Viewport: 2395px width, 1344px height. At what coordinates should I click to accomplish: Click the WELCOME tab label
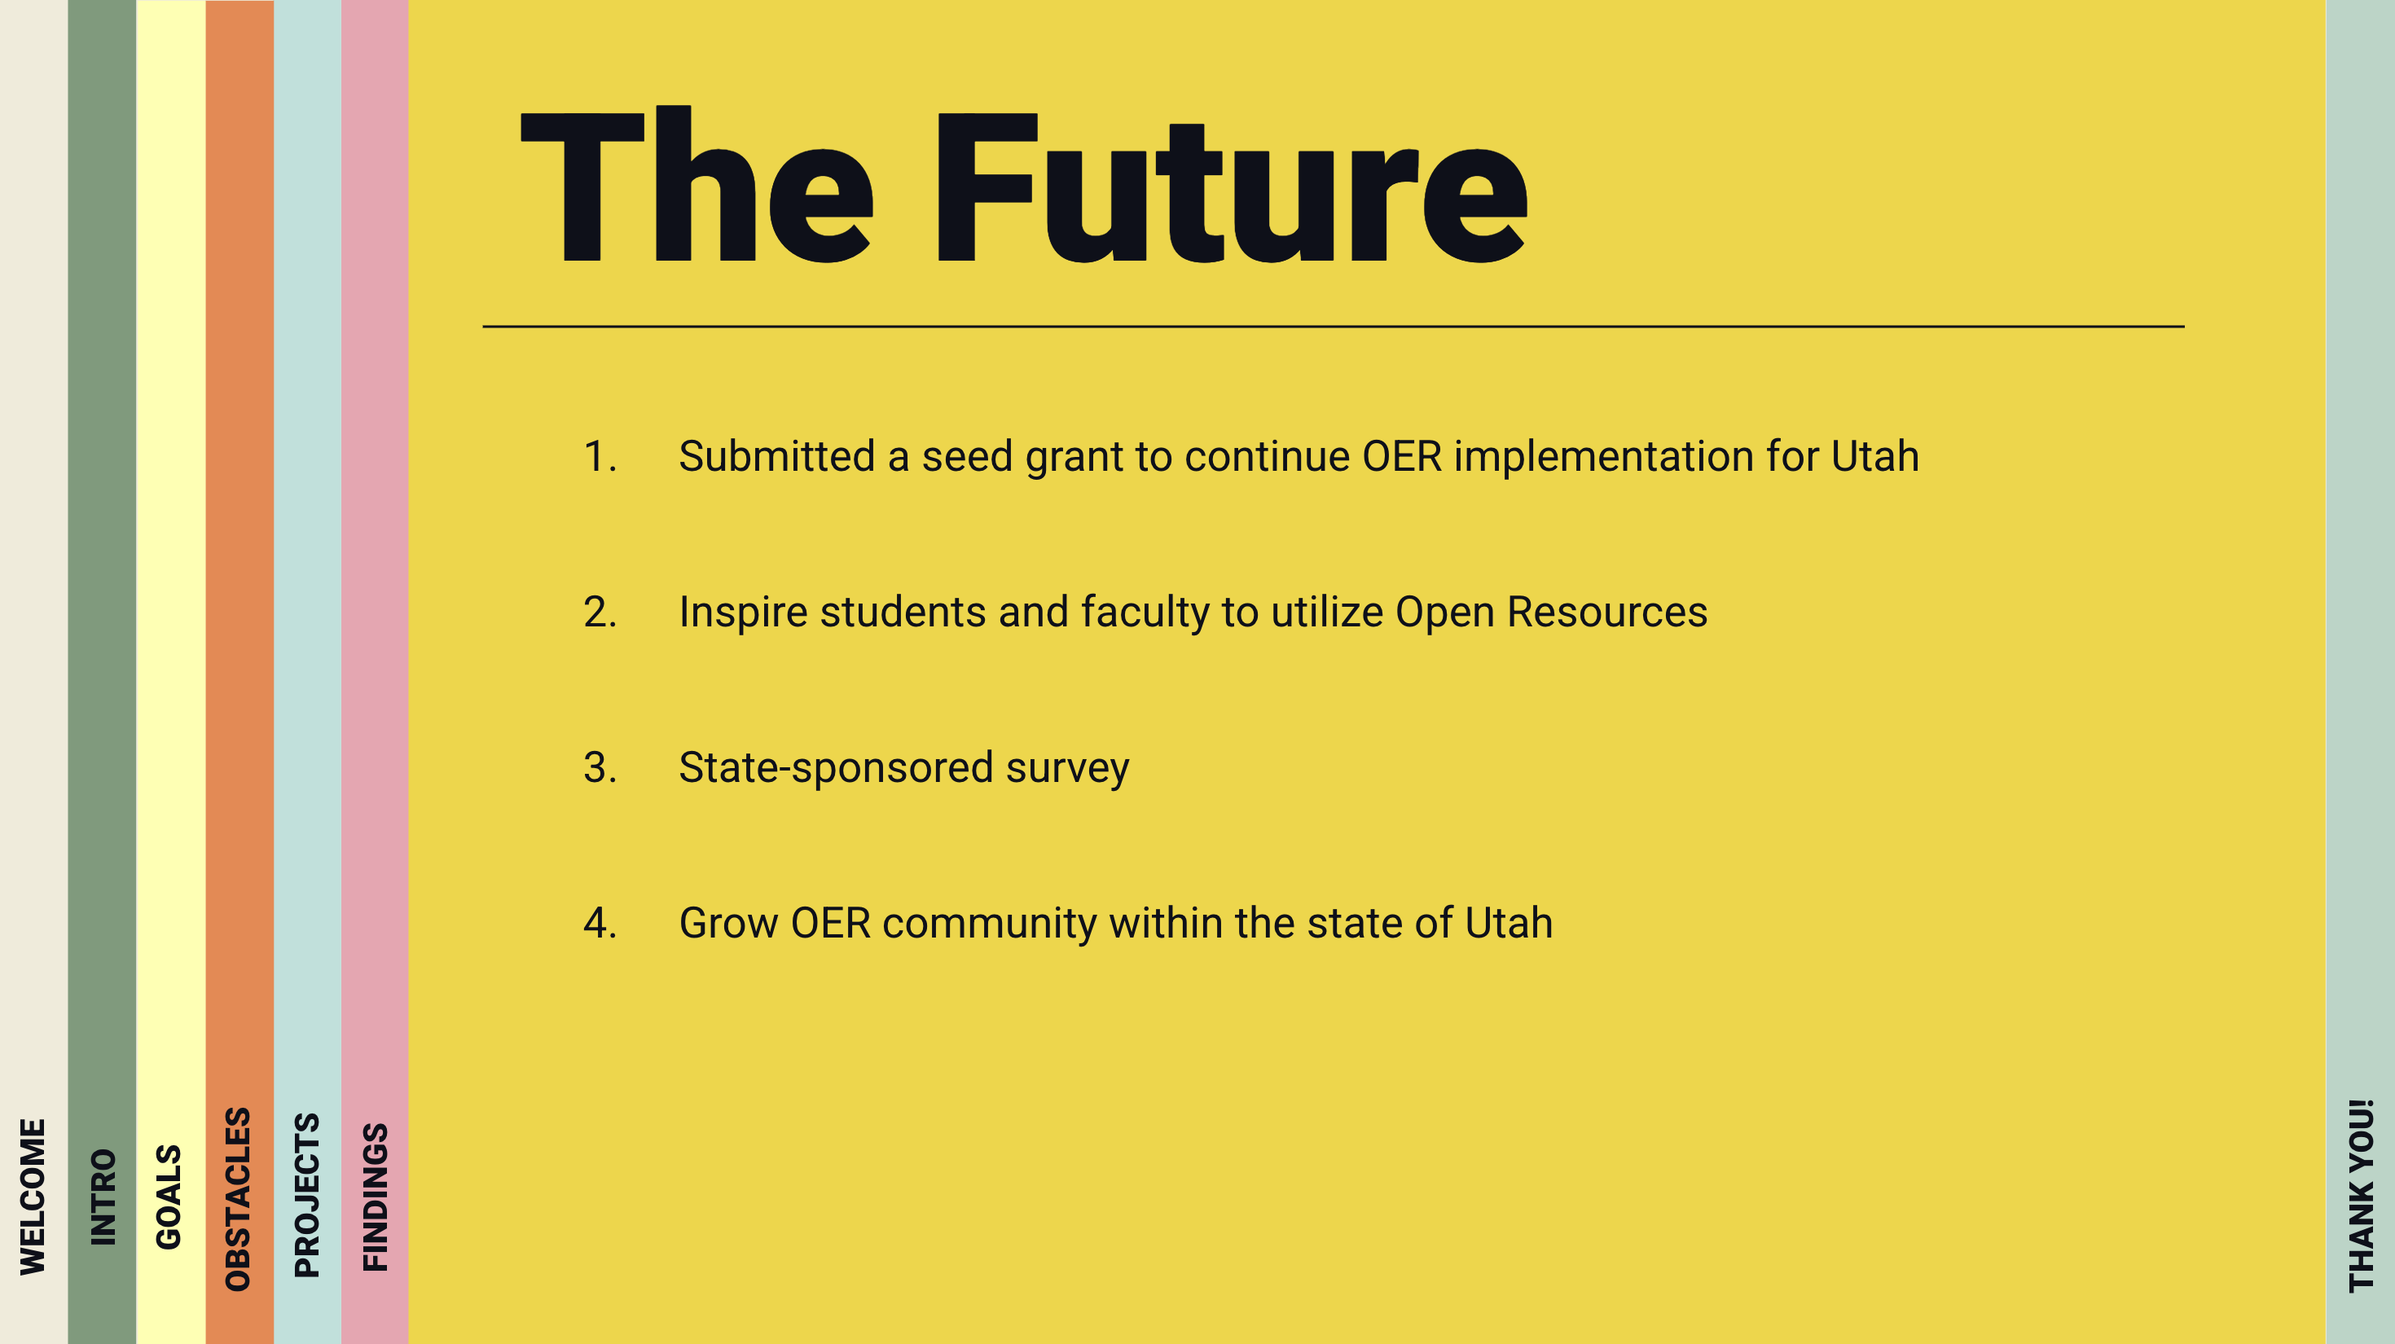(x=33, y=1197)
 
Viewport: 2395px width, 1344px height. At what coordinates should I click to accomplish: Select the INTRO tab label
(x=103, y=1197)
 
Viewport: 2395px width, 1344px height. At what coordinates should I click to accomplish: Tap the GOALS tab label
(x=169, y=1197)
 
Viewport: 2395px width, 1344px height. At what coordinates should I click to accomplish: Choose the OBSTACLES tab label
(x=238, y=1199)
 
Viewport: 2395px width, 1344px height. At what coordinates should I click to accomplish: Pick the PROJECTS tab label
(x=307, y=1195)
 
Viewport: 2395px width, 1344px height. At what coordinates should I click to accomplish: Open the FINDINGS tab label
(x=375, y=1197)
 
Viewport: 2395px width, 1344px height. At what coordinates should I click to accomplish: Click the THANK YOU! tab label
(x=2361, y=1197)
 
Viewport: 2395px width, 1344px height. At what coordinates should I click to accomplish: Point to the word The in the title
(x=697, y=184)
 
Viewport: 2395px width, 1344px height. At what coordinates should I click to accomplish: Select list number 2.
(x=600, y=612)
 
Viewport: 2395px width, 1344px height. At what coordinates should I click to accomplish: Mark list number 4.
(x=600, y=923)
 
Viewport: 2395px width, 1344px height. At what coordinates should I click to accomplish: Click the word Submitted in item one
(x=777, y=456)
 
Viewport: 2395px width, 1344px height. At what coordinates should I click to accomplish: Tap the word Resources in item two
(x=1606, y=612)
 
